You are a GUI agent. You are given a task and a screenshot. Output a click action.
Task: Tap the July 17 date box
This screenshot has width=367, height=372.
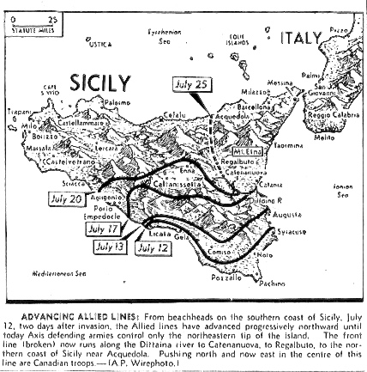pos(105,229)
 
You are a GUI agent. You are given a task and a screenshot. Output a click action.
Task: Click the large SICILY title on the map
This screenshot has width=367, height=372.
pos(101,84)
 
